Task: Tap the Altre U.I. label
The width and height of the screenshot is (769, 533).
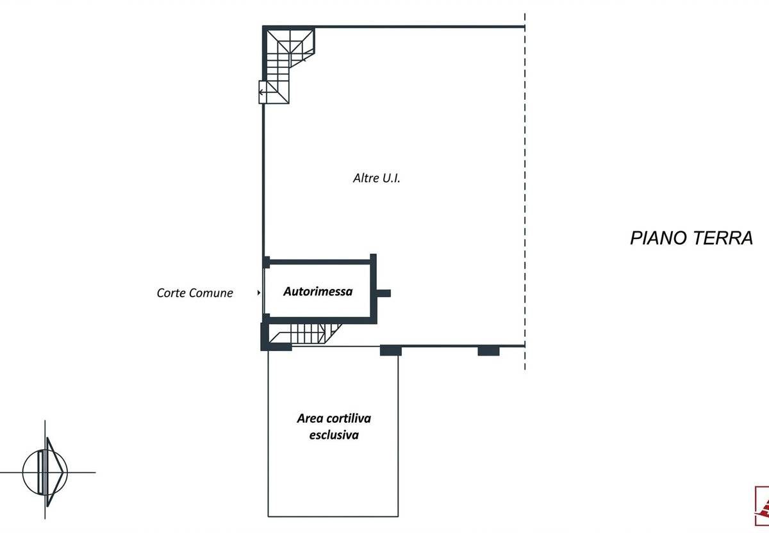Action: (377, 179)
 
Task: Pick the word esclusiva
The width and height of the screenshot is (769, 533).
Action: (333, 435)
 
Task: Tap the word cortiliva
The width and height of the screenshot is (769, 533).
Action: (347, 418)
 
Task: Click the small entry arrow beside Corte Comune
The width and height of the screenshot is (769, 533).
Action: (258, 293)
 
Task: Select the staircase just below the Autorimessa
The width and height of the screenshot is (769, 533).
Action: (306, 333)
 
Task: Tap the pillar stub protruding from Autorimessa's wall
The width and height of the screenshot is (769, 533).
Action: (383, 293)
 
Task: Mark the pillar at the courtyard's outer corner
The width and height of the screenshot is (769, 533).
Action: (390, 350)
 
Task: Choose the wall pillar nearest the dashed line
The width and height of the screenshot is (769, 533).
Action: (488, 350)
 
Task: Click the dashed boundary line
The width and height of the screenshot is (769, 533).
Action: (525, 192)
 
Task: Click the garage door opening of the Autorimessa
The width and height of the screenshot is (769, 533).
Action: (264, 291)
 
